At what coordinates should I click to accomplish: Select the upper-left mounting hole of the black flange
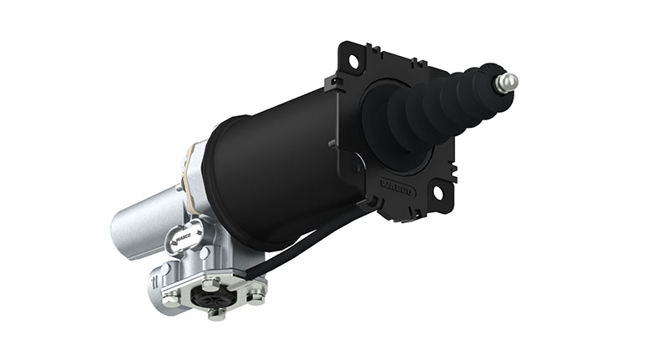coord(353,61)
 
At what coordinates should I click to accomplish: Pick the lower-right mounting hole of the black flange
coord(437,191)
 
